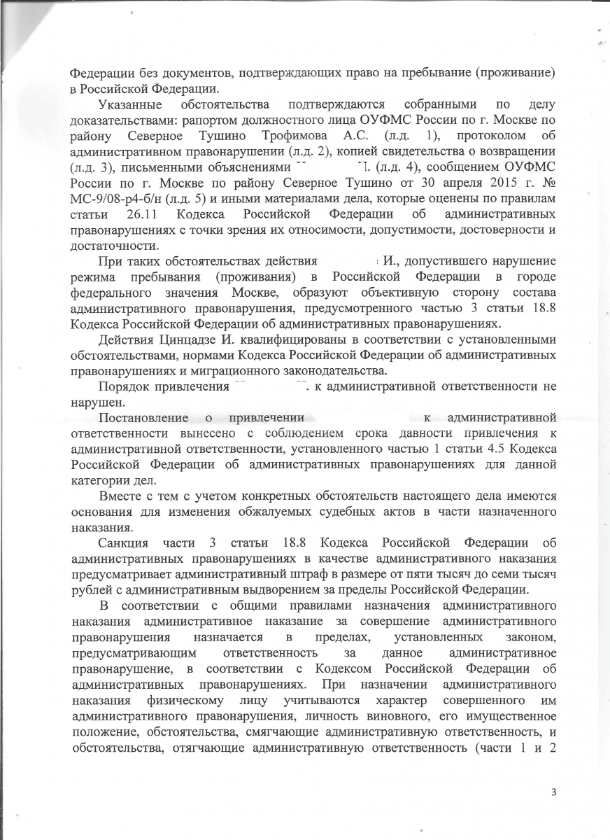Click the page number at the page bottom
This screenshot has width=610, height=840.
click(553, 792)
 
